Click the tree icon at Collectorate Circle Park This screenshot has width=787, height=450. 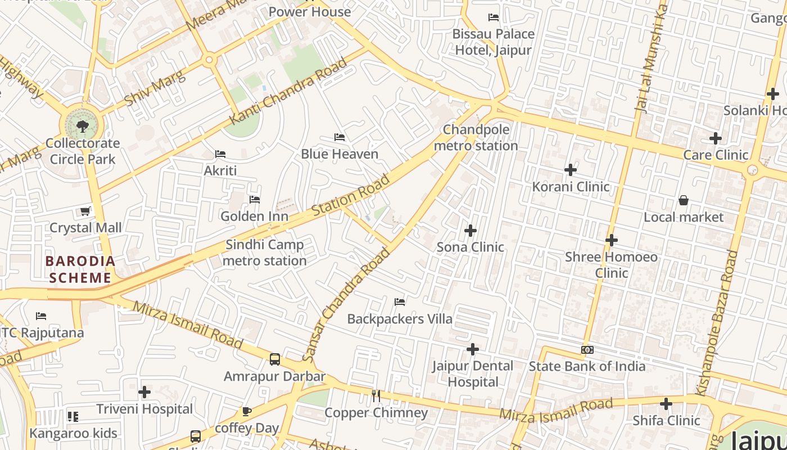tap(83, 125)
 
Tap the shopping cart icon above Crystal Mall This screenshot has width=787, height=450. tap(85, 211)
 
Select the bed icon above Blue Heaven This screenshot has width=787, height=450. tap(339, 137)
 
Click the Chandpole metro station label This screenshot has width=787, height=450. tap(476, 138)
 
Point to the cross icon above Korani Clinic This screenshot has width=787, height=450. tap(571, 169)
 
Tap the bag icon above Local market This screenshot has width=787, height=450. tap(684, 200)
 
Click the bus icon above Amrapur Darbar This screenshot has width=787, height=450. tap(274, 359)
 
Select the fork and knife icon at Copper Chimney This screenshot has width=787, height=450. tap(376, 396)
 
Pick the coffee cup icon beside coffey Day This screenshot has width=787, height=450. tap(247, 411)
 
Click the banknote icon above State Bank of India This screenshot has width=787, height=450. tap(587, 350)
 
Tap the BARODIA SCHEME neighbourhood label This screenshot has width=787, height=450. tap(80, 269)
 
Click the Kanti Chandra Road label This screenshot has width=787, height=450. tap(288, 92)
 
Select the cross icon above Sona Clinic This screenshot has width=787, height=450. tap(471, 231)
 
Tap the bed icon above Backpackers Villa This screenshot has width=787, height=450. tap(400, 302)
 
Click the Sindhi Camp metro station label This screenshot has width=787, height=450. tap(264, 253)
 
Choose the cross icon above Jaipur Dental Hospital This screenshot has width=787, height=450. tap(473, 349)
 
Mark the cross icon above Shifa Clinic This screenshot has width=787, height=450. tap(666, 404)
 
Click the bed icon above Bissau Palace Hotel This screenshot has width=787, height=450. tap(494, 17)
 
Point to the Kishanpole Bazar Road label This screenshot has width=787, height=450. tap(724, 323)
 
